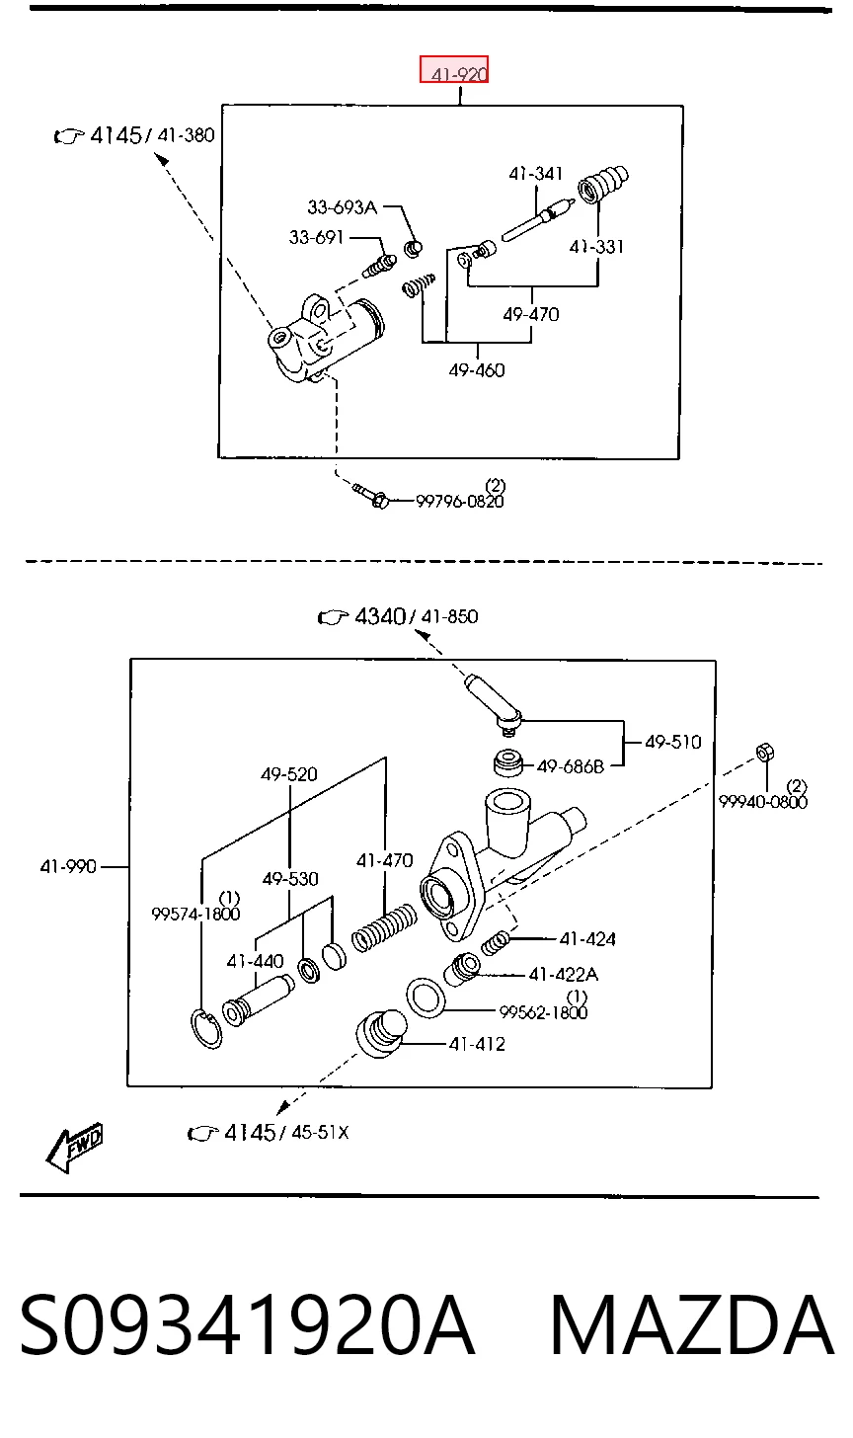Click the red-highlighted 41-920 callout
click(454, 69)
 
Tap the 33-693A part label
click(342, 207)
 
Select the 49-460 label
click(477, 370)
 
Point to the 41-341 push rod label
click(535, 174)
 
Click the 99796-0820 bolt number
click(459, 502)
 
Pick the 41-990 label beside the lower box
click(68, 867)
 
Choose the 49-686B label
click(571, 766)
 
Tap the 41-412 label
click(477, 1045)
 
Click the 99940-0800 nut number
click(763, 802)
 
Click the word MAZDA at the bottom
click(692, 1326)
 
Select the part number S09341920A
click(247, 1326)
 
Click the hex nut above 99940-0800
click(765, 752)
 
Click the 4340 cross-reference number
click(380, 617)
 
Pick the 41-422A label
click(564, 975)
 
